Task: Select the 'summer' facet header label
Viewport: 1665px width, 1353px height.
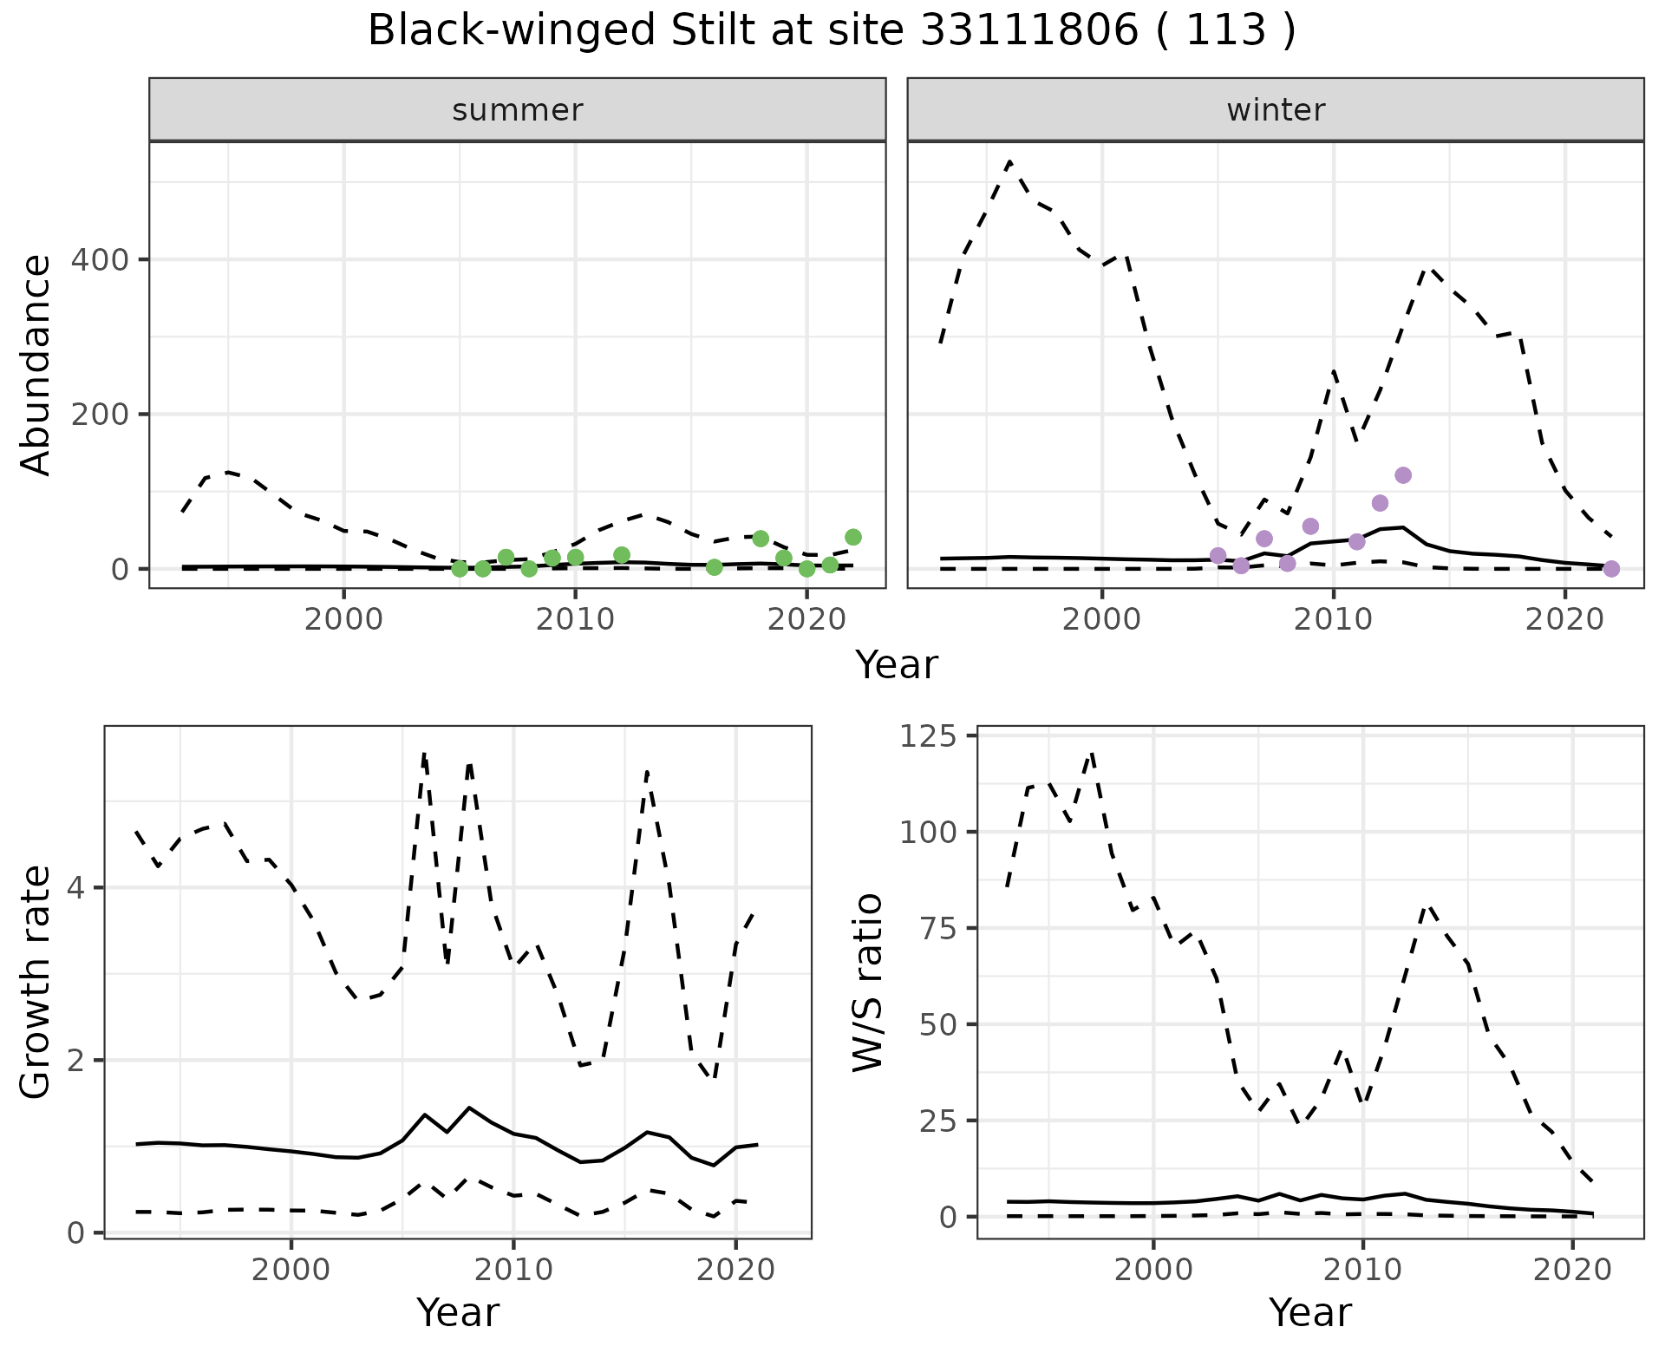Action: tap(518, 110)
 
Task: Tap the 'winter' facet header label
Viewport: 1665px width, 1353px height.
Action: tap(1276, 110)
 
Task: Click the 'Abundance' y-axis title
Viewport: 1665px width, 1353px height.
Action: tap(36, 364)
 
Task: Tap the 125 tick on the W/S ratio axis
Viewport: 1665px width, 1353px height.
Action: tap(928, 736)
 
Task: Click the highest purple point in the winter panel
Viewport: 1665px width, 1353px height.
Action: tap(1403, 475)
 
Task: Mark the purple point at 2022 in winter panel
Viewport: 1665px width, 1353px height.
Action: tap(1611, 569)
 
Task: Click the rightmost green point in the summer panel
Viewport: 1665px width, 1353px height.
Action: tap(853, 538)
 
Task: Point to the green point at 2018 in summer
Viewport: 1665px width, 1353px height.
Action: tap(761, 539)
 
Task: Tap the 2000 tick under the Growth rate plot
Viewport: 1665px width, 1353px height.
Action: tap(291, 1271)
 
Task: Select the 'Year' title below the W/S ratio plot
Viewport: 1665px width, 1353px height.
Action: tap(1309, 1312)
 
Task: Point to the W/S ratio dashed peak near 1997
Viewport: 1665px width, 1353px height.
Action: tap(1092, 754)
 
